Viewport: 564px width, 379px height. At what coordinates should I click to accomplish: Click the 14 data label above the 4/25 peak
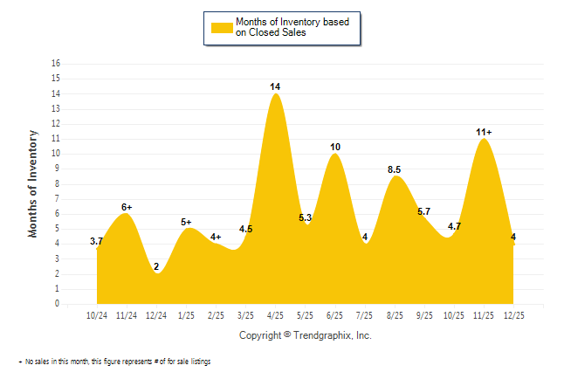[x=275, y=86]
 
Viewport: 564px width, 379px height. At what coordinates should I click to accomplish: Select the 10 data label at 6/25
[x=335, y=147]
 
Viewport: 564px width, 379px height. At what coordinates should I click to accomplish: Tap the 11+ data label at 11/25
[x=484, y=132]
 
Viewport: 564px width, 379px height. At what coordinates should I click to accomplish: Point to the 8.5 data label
[x=394, y=169]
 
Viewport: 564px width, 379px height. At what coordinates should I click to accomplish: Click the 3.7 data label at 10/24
[x=97, y=241]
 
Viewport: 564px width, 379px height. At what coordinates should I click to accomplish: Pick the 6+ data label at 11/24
[x=127, y=207]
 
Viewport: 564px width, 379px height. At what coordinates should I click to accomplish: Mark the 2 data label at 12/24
[x=156, y=266]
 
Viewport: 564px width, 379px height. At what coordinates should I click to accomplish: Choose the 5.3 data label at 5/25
[x=306, y=217]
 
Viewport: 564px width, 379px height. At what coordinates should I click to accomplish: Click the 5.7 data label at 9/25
[x=424, y=211]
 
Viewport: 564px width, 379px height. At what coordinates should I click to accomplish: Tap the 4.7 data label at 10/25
[x=454, y=226]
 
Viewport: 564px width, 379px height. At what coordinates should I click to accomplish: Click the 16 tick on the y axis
[x=57, y=64]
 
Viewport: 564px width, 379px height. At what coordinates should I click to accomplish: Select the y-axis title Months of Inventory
[x=33, y=183]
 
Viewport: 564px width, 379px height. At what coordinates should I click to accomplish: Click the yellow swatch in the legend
[x=221, y=27]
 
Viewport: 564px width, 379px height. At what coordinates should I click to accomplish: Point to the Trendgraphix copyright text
[x=305, y=335]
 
